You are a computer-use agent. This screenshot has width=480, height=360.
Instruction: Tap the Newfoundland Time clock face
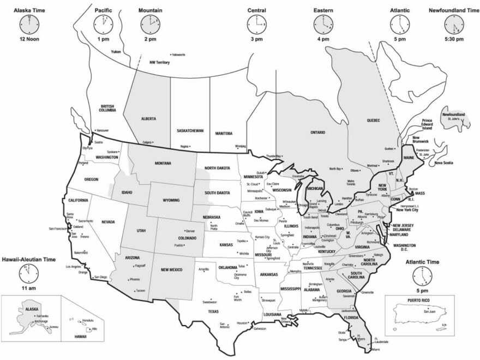click(453, 23)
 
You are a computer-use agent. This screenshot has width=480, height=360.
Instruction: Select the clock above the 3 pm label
click(256, 23)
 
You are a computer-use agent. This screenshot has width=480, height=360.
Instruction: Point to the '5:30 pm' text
click(453, 39)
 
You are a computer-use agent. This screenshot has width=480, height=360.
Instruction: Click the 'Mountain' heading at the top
click(149, 10)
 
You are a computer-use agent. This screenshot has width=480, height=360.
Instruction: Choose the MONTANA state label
click(163, 163)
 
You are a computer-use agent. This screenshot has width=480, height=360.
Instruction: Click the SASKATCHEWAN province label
click(190, 131)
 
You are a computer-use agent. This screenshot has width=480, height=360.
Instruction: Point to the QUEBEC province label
click(373, 120)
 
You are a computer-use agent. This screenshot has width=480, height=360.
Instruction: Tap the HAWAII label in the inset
click(80, 337)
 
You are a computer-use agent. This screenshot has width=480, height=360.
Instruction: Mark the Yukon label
click(116, 52)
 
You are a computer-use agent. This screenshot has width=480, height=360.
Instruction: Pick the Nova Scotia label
click(443, 163)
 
